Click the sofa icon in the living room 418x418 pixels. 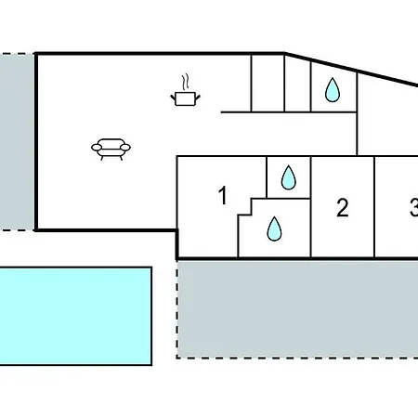coord(111,149)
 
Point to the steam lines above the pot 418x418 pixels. coord(185,82)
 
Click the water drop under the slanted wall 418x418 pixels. coord(333,90)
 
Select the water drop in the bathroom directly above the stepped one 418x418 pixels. coord(288,177)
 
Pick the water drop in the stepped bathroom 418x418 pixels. coord(274,229)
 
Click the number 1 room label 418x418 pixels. coord(223,195)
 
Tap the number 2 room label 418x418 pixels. coord(343,207)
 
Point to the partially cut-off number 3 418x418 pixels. coord(414,207)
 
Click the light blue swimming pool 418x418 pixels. coord(75,316)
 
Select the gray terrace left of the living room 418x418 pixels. coord(17,142)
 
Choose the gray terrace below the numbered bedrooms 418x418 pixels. coord(297,309)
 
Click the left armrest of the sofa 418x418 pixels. coord(97,148)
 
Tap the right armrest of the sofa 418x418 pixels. coord(125,148)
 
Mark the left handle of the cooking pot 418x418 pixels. coord(173,98)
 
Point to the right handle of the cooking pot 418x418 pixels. coord(198,98)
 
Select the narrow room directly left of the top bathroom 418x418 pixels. coord(297,84)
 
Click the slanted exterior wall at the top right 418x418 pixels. coord(351,69)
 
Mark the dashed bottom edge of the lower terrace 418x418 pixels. coord(297,359)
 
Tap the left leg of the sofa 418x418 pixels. coord(102,158)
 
